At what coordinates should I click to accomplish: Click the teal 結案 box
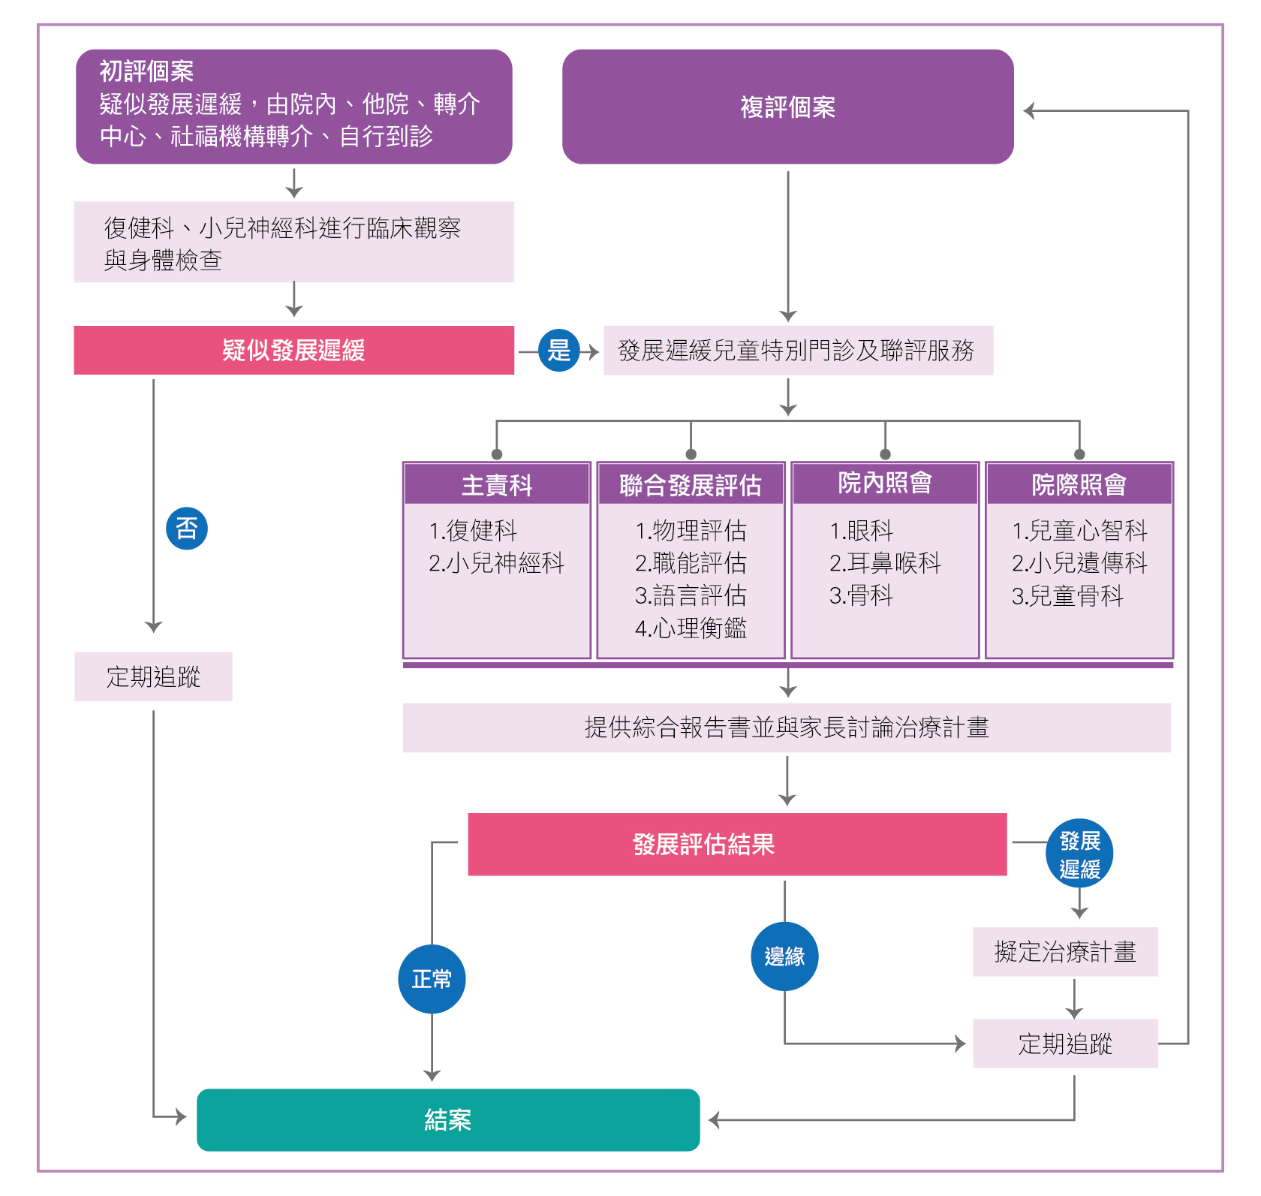[448, 1119]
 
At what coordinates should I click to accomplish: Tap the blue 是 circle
[558, 350]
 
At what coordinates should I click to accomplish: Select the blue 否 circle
[186, 529]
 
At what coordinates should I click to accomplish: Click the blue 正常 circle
[432, 979]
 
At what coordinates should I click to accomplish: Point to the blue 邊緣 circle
[784, 956]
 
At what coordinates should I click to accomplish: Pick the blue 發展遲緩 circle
[1079, 854]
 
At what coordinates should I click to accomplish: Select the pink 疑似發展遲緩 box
[293, 350]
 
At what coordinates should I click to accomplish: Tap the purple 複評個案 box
[787, 107]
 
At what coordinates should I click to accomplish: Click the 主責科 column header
[496, 485]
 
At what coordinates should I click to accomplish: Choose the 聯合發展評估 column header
[691, 485]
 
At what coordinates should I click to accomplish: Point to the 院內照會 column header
[885, 484]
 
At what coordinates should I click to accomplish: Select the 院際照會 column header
[1079, 485]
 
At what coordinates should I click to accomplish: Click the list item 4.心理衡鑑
[691, 628]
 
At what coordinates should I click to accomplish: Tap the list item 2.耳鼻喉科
[885, 562]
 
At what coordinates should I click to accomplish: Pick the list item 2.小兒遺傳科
[1079, 562]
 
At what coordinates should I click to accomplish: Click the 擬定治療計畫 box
[1065, 952]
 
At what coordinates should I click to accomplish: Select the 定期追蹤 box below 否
[153, 676]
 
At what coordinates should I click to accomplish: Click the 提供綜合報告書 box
[787, 728]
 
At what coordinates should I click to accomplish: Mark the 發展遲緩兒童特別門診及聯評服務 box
[798, 350]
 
